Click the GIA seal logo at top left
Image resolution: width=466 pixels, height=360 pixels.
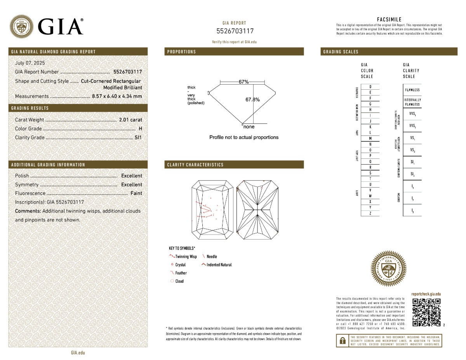coord(22,26)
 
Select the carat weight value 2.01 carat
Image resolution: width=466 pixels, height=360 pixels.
coord(130,120)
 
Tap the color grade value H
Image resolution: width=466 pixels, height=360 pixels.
coord(140,129)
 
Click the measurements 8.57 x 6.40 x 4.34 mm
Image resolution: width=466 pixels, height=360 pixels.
coord(117,96)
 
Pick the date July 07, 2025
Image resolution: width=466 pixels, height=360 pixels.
coord(30,63)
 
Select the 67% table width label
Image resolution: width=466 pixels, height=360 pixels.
coord(243,82)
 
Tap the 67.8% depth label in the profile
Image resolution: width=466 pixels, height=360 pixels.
coord(252,100)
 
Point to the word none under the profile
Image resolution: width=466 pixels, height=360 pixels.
coord(249,127)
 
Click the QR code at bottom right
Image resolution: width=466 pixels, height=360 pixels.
coord(426,312)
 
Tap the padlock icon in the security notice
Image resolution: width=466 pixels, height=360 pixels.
coord(343,341)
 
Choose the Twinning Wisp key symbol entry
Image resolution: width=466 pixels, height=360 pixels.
coord(184,257)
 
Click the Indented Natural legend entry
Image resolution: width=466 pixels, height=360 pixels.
coord(217,265)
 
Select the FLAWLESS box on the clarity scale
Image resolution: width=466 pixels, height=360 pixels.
coord(412,90)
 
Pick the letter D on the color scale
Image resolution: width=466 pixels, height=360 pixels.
coord(370,87)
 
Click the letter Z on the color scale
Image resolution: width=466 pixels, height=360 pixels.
coord(370,214)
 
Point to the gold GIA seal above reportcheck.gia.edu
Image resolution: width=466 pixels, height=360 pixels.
coord(389,268)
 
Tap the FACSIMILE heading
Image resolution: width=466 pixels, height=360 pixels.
coord(389,19)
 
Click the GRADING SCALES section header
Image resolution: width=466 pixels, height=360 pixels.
coord(341,52)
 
